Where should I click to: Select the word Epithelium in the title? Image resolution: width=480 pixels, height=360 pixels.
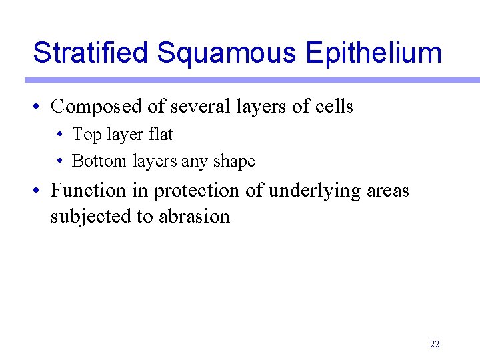pyautogui.click(x=374, y=52)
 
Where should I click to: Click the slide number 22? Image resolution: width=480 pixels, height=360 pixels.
pyautogui.click(x=435, y=345)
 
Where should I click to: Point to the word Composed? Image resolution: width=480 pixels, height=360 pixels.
pyautogui.click(x=94, y=107)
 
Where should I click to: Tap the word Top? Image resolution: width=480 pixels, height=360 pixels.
pyautogui.click(x=85, y=135)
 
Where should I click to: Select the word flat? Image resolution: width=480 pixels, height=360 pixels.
pyautogui.click(x=161, y=134)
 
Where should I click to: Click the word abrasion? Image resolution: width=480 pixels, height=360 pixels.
pyautogui.click(x=194, y=217)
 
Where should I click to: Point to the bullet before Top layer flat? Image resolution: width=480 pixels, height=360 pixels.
pyautogui.click(x=60, y=135)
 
